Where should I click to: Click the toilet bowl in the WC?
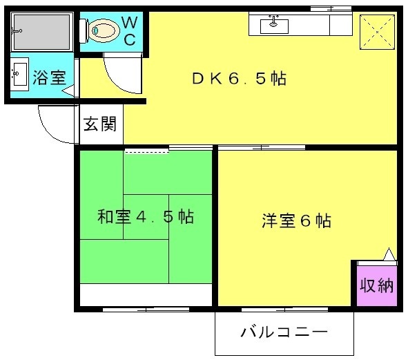[104, 30]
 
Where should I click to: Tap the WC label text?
[130, 30]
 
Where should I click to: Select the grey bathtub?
[42, 32]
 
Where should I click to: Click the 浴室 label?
[49, 77]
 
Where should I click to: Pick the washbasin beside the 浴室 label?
[19, 74]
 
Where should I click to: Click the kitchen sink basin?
[274, 26]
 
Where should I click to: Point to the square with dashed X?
[378, 32]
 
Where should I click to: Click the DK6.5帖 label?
[240, 78]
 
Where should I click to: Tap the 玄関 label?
[100, 124]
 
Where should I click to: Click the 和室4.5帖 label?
[146, 216]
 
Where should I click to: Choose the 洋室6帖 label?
[297, 220]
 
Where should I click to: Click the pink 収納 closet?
[377, 285]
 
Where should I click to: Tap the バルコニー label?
[284, 332]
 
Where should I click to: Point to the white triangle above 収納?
[389, 254]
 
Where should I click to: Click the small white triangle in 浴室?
[68, 91]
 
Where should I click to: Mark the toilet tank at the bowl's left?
[84, 30]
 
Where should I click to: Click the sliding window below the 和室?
[146, 310]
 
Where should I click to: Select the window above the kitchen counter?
[331, 8]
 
